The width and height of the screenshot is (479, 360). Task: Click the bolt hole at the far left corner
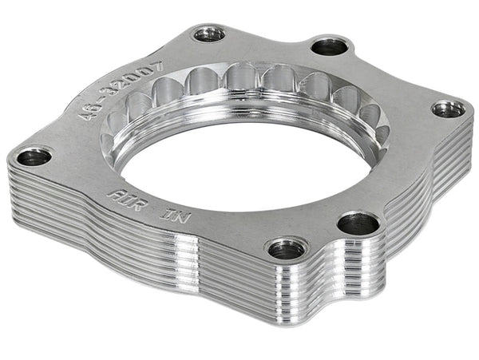click(34, 156)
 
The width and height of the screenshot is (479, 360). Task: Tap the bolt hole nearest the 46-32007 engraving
click(208, 34)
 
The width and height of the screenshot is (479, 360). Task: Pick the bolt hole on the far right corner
click(449, 108)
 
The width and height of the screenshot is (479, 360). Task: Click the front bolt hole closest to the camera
click(286, 249)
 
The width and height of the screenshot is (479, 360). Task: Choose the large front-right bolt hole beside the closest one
click(358, 223)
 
